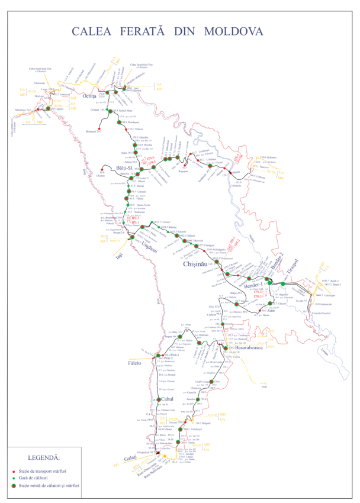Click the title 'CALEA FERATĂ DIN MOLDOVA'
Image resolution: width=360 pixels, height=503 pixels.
(166, 31)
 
